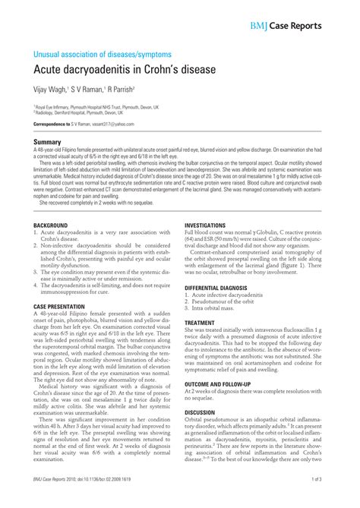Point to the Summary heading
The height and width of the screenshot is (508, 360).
[x=47, y=142]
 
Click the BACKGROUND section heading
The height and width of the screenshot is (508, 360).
[x=51, y=226]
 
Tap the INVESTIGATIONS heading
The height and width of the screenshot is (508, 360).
[x=205, y=226]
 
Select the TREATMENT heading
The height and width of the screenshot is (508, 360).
[x=200, y=323]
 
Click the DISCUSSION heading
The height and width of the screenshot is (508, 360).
[x=201, y=412]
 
